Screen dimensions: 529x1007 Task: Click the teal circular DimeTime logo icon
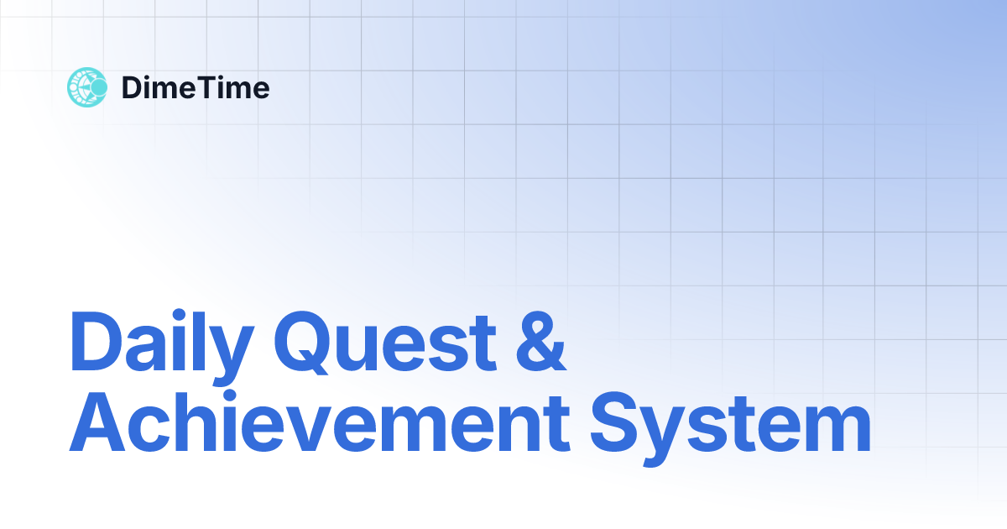pos(87,87)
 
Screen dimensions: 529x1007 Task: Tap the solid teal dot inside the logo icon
pos(98,87)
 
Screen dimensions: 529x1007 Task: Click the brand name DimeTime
pos(196,87)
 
